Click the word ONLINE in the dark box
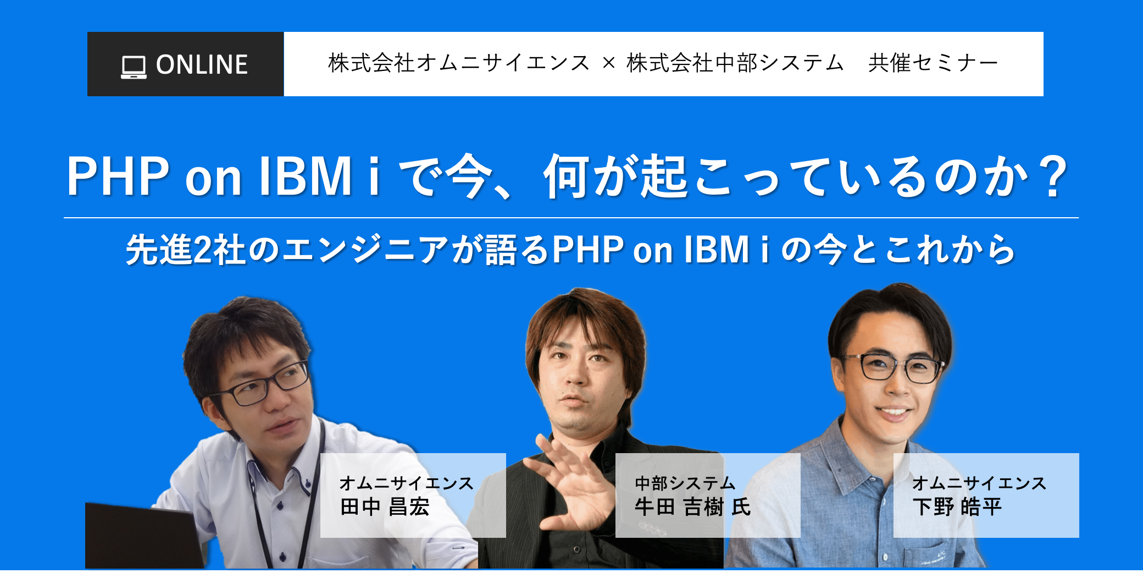click(x=202, y=64)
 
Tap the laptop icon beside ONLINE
click(x=134, y=67)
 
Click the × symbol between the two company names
click(x=608, y=64)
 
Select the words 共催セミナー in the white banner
click(x=933, y=63)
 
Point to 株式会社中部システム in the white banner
click(x=735, y=63)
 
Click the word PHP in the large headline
click(x=118, y=176)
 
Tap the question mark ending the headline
click(x=1053, y=176)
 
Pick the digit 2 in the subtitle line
click(x=203, y=250)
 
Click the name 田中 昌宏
click(x=385, y=506)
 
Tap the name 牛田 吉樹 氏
click(x=693, y=506)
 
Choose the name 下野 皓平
click(x=957, y=506)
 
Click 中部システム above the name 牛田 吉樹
click(x=685, y=483)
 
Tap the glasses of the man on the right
click(x=891, y=367)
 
